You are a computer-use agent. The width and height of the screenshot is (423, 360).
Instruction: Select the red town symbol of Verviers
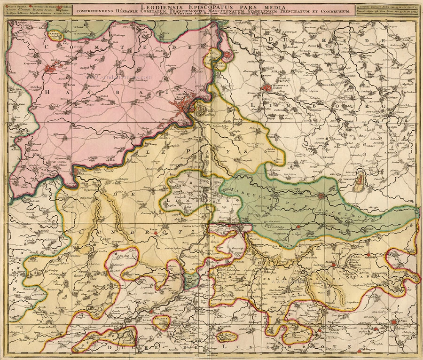(321, 196)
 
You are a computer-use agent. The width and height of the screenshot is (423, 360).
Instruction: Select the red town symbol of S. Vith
(395, 323)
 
